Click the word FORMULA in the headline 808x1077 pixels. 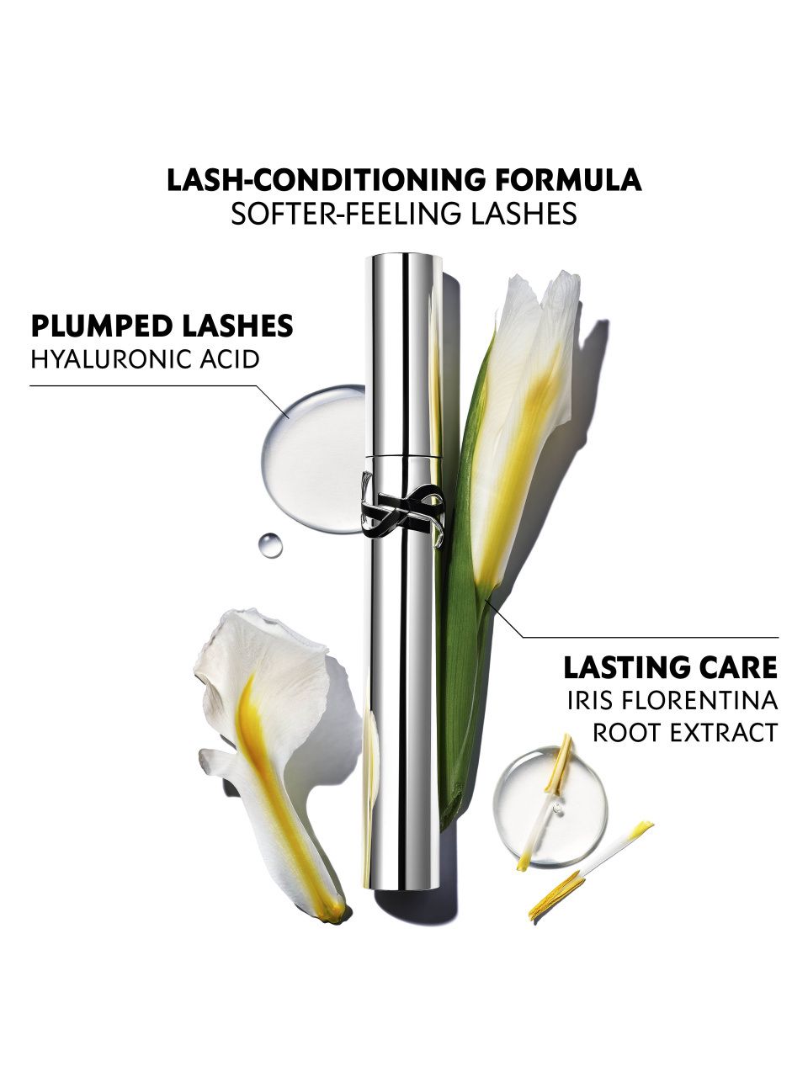[x=567, y=180]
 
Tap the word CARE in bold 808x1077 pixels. [x=741, y=668]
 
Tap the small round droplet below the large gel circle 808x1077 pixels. [x=270, y=545]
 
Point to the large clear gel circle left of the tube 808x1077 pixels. [x=314, y=459]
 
